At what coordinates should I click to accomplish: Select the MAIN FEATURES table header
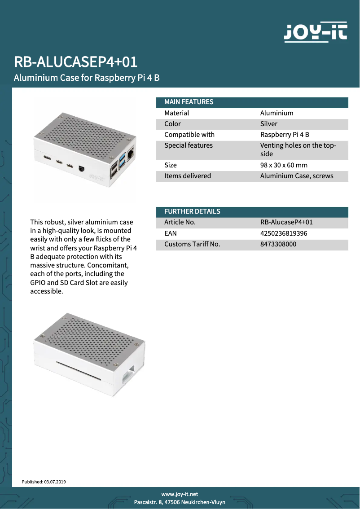tap(189, 102)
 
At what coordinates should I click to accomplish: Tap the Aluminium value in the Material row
tap(277, 113)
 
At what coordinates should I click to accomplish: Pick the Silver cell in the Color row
tap(269, 124)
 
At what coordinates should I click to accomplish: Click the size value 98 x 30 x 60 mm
tap(284, 165)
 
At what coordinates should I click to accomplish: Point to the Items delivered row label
tap(188, 176)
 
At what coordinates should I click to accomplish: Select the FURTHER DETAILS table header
tap(192, 211)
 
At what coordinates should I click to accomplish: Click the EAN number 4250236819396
tap(284, 233)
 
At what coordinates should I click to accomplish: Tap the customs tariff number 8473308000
tap(278, 244)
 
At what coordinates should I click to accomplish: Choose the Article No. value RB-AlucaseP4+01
tap(286, 222)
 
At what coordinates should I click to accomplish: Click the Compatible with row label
tap(189, 135)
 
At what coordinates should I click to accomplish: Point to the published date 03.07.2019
tap(55, 482)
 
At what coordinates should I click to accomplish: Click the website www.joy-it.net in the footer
tap(180, 494)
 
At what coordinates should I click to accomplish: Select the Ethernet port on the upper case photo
tap(131, 154)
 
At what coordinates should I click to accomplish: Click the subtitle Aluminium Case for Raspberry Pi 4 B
tap(87, 78)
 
